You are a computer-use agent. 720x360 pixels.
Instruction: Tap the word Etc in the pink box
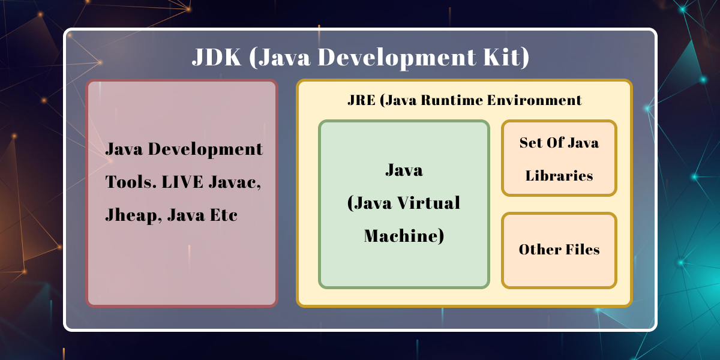coord(224,215)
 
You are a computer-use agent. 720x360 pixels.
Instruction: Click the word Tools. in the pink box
coord(128,182)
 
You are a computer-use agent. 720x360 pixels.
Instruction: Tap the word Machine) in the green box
coord(404,236)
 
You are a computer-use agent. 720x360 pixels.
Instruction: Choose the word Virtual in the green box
coord(430,203)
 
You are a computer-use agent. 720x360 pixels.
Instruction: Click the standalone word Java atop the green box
coord(404,170)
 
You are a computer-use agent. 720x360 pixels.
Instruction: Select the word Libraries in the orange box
coord(559,176)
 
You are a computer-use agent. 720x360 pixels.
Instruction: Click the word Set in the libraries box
coord(530,143)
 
